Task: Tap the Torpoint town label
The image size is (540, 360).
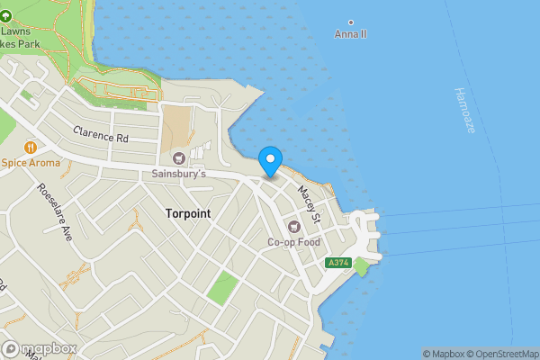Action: click(x=190, y=213)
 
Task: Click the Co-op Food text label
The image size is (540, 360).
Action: click(x=293, y=241)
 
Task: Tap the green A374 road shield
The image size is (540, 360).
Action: click(x=337, y=262)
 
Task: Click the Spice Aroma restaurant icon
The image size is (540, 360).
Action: click(x=31, y=147)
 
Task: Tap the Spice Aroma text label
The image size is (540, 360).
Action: click(x=31, y=163)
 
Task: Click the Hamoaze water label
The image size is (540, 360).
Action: click(x=464, y=111)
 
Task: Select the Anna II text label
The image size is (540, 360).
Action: click(x=350, y=34)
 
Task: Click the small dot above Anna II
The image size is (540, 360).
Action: click(x=350, y=22)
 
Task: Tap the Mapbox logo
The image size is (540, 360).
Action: click(x=39, y=349)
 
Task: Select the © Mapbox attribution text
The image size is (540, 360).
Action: click(x=444, y=354)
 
